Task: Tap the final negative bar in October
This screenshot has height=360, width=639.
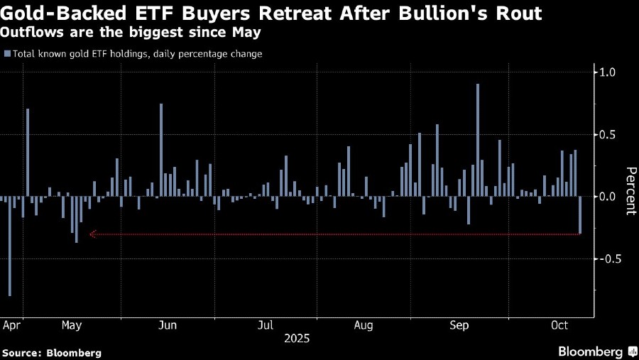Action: pos(580,214)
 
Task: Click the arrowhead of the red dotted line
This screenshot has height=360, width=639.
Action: pos(92,234)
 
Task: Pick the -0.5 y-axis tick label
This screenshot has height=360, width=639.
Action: pos(610,259)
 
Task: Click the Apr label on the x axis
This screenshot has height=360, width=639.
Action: pos(11,325)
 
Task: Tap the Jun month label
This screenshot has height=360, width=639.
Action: pos(166,325)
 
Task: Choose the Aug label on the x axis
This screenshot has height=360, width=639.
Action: pos(362,325)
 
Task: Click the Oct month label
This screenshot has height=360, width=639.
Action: pos(559,325)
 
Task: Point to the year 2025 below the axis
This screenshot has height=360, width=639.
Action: pos(296,339)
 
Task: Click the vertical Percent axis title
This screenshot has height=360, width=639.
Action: pos(630,191)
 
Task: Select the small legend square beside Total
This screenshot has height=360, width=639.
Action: pos(7,53)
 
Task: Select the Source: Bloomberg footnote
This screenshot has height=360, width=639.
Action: pos(52,353)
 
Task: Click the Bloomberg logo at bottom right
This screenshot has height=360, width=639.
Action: pos(595,351)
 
